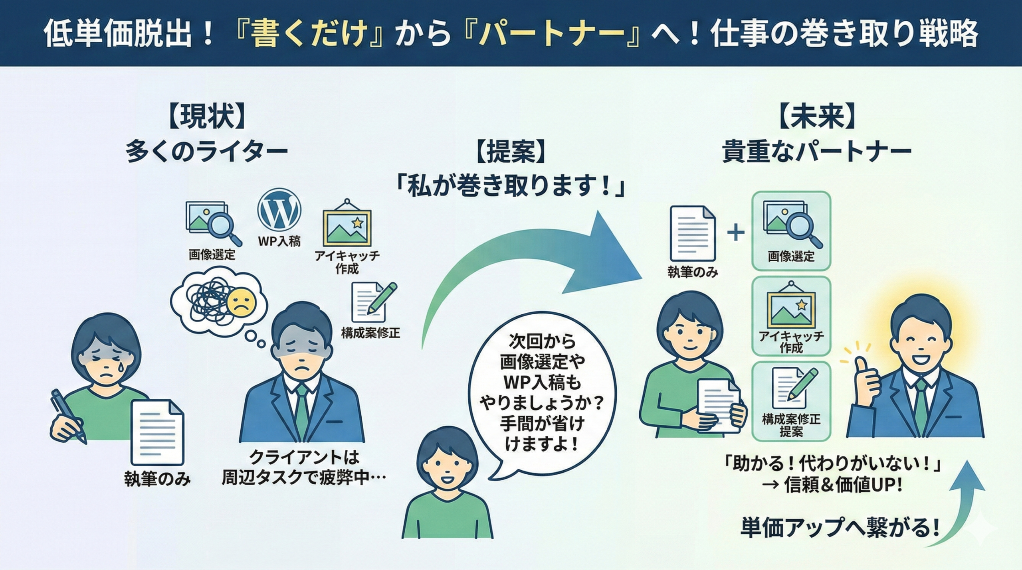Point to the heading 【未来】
click(817, 116)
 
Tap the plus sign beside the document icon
click(736, 233)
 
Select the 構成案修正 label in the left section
click(370, 333)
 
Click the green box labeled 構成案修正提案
click(791, 400)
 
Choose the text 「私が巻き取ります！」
click(510, 188)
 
